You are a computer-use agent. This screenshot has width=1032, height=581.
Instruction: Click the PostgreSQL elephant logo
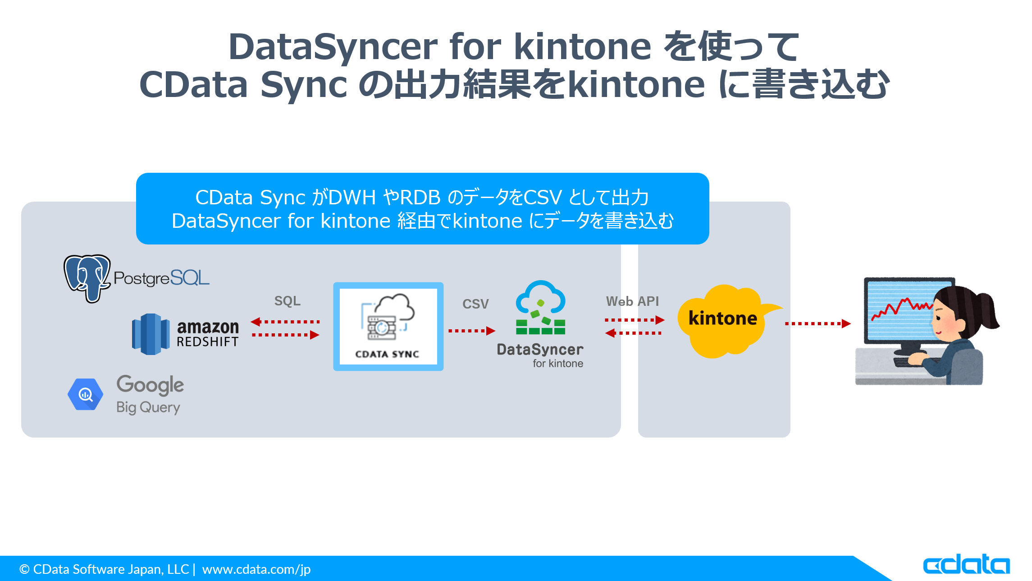pos(87,277)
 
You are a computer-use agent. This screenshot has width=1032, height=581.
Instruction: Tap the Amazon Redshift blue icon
pos(151,334)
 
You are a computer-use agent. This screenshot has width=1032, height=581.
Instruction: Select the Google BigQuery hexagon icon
pos(85,394)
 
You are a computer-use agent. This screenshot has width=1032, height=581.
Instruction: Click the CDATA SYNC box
pos(388,327)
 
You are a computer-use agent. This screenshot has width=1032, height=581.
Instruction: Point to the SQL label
pos(287,301)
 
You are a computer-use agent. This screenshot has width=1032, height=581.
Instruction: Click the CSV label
pos(475,304)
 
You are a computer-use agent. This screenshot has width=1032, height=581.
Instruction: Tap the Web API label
pos(632,301)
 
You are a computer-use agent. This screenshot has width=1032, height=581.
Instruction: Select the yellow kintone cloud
pos(722,320)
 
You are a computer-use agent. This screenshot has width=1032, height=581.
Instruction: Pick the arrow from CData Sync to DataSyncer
pos(471,331)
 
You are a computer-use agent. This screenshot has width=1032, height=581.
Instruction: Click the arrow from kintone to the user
pos(817,323)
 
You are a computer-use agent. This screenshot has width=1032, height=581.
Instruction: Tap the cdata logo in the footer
pos(966,565)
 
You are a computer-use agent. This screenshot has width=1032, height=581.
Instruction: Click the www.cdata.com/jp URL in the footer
pos(256,569)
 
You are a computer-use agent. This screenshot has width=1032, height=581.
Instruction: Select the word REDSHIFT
pos(207,342)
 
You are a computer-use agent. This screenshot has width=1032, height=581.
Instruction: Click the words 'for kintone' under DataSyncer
pos(557,364)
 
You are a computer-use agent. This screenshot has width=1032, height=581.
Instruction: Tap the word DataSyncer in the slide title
pos(333,47)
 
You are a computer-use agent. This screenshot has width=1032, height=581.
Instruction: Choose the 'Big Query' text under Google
pos(148,407)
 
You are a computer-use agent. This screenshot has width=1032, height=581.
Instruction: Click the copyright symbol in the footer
pos(24,569)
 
